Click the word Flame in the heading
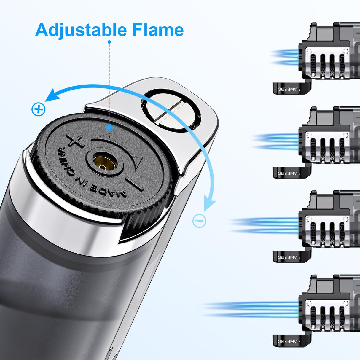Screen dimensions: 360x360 pyautogui.click(x=158, y=30)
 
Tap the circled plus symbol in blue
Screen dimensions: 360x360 pyautogui.click(x=39, y=109)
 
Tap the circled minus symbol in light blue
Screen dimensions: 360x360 pyautogui.click(x=199, y=221)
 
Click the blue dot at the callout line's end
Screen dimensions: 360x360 pyautogui.click(x=109, y=128)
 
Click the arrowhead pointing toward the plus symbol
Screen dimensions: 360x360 pyautogui.click(x=50, y=95)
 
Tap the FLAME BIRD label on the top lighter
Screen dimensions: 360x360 pyautogui.click(x=289, y=89)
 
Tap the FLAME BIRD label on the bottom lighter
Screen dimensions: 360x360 pyautogui.click(x=289, y=341)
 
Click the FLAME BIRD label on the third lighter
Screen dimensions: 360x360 pyautogui.click(x=289, y=257)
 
